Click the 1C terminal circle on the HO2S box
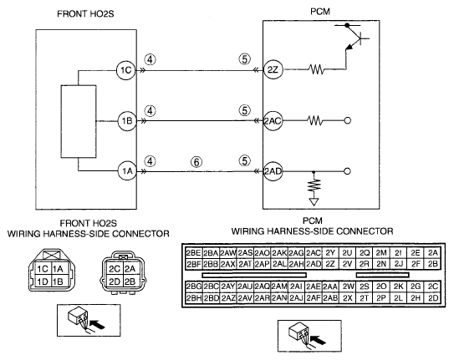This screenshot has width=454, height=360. pyautogui.click(x=126, y=70)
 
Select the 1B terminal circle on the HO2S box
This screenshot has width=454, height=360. pyautogui.click(x=127, y=120)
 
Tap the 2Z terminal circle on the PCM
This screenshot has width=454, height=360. pyautogui.click(x=273, y=69)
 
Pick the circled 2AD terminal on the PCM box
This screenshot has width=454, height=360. pyautogui.click(x=273, y=171)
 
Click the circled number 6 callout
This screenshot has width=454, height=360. pyautogui.click(x=196, y=162)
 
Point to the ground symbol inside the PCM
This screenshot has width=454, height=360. pyautogui.click(x=314, y=201)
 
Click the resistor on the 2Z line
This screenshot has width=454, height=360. pyautogui.click(x=317, y=69)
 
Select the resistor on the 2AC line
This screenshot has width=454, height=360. pyautogui.click(x=315, y=120)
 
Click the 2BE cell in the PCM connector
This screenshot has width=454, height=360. pyautogui.click(x=193, y=253)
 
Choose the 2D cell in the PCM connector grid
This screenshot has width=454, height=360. pyautogui.click(x=433, y=298)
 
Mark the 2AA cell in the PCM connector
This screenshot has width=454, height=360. pyautogui.click(x=330, y=286)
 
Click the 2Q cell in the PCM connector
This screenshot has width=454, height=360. pyautogui.click(x=365, y=253)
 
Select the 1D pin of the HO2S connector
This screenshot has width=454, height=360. pyautogui.click(x=43, y=281)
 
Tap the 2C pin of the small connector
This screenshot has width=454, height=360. pyautogui.click(x=115, y=269)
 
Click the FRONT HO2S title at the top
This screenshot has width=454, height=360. pyautogui.click(x=85, y=14)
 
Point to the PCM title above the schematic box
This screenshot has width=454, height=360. pyautogui.click(x=320, y=12)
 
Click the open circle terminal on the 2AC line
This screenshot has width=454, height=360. pyautogui.click(x=348, y=120)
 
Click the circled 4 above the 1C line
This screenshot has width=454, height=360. pyautogui.click(x=150, y=59)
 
